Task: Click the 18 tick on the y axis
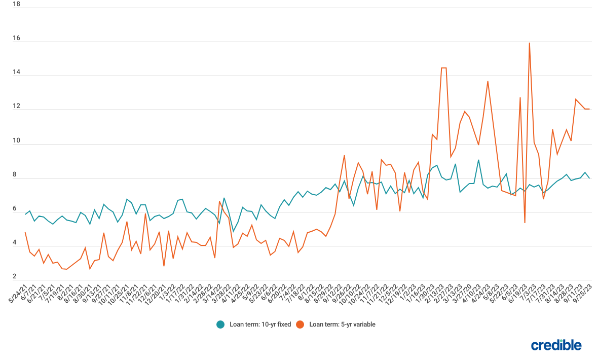pos(16,4)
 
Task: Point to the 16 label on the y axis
pos(16,39)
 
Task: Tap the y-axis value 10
pos(16,141)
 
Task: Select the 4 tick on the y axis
pos(16,243)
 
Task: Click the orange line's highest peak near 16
pos(530,43)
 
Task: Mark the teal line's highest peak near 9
pos(478,160)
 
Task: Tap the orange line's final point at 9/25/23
pos(589,109)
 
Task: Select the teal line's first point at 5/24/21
pos(25,214)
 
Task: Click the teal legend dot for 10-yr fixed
pos(220,325)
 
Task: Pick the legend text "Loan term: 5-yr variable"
pos(342,325)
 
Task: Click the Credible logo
pos(556,345)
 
